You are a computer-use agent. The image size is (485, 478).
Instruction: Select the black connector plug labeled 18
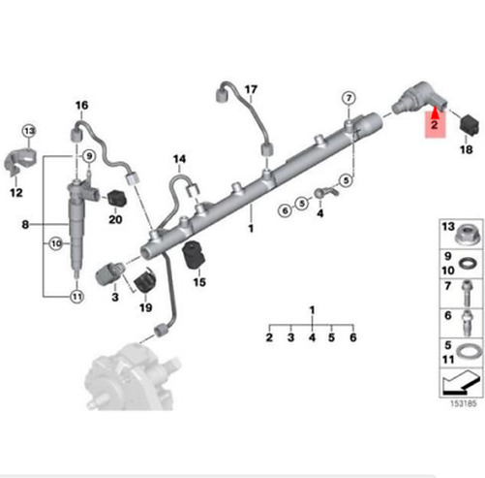tap(469, 124)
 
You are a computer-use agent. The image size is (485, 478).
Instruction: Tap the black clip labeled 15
tap(194, 254)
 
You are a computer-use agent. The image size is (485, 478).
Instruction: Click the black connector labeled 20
tap(116, 199)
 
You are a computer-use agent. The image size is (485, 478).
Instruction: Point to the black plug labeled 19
tap(145, 279)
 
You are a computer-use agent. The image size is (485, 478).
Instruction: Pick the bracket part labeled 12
tap(19, 160)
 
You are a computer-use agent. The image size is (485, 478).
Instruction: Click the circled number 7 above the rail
tap(349, 98)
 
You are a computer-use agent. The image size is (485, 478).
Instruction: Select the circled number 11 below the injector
tap(76, 297)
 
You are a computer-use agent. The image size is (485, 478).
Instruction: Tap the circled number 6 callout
tap(285, 211)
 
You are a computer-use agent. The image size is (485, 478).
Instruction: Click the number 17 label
tap(251, 89)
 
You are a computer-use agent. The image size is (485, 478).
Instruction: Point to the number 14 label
tap(179, 159)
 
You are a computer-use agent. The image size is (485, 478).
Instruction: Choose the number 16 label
tap(81, 106)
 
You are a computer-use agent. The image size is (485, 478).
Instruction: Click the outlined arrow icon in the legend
tap(460, 383)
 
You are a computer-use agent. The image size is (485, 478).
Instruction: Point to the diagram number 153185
tap(463, 403)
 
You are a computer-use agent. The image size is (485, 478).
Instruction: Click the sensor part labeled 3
tap(108, 273)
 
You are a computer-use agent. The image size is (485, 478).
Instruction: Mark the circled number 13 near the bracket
tap(29, 131)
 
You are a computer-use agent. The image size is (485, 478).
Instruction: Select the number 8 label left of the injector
tap(25, 224)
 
